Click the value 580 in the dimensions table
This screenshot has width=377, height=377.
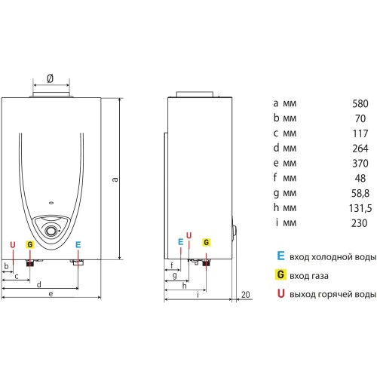(360, 103)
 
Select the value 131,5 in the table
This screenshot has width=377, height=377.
(360, 208)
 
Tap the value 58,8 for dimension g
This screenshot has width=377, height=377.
(360, 193)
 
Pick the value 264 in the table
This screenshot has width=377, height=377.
(360, 149)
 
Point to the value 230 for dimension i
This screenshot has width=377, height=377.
(360, 223)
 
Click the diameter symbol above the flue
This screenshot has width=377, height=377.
(51, 78)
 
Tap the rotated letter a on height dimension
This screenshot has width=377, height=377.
(115, 179)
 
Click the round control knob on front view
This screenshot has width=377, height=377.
(51, 231)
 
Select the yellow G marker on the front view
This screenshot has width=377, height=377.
(30, 244)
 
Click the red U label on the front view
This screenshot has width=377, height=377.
(13, 245)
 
